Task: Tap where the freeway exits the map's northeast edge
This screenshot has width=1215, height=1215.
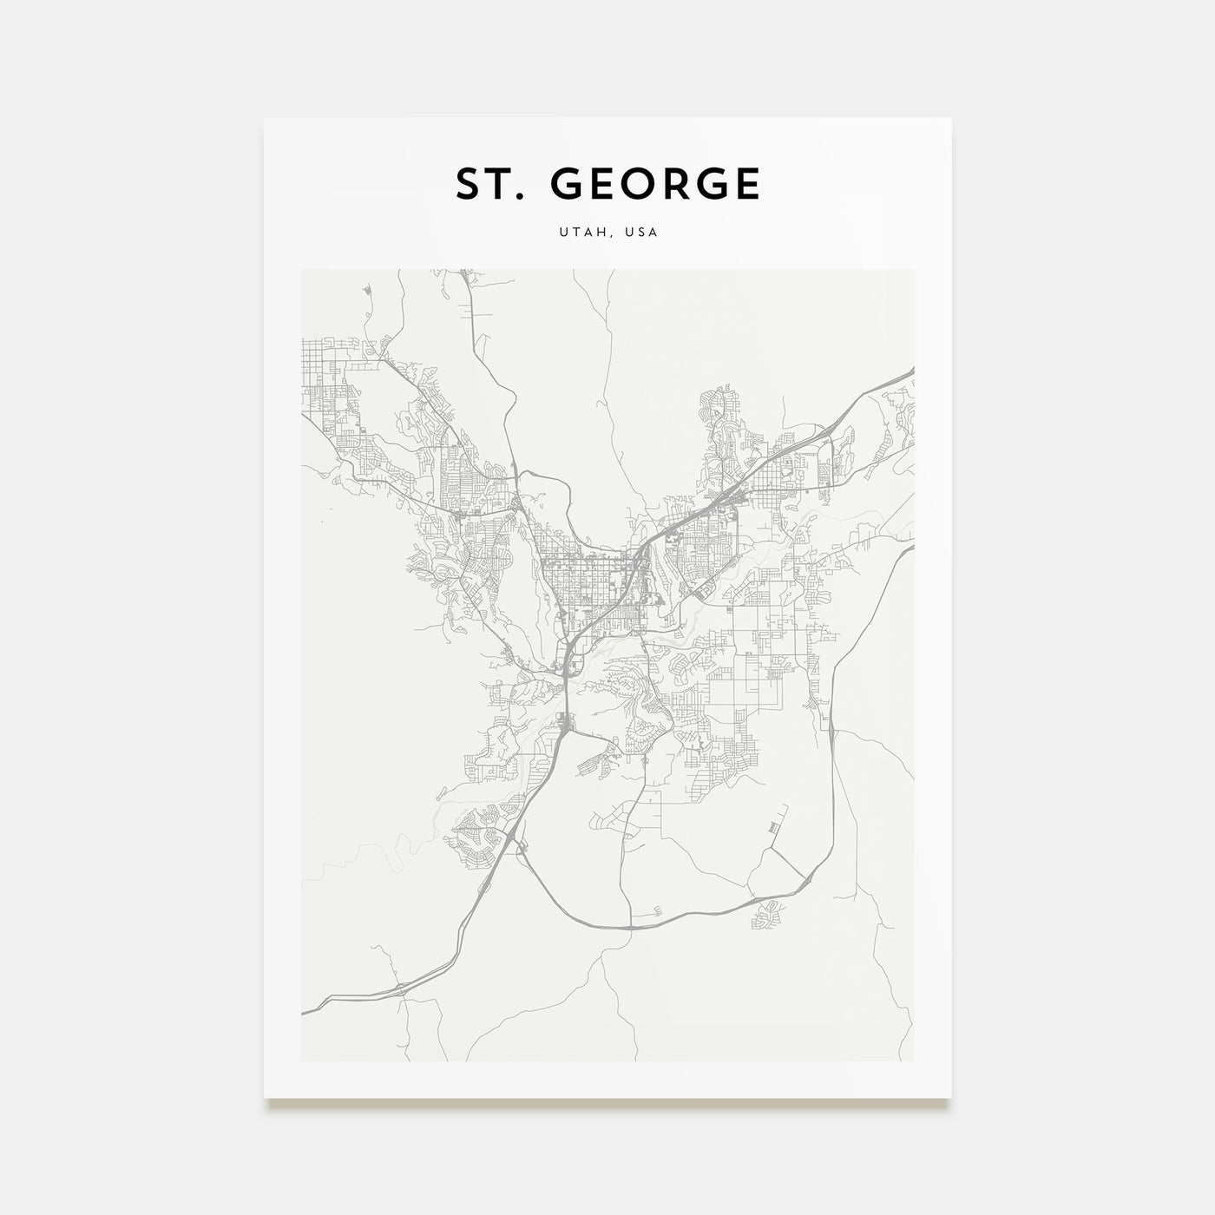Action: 912,371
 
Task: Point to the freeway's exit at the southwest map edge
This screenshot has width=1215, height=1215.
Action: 304,1012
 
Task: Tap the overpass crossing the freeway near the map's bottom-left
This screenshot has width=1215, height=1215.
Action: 401,986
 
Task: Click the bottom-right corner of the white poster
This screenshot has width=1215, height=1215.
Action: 950,1099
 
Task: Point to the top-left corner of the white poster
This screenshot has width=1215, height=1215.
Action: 265,119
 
